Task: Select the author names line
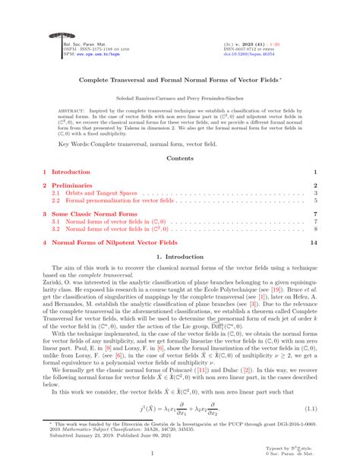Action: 179,98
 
